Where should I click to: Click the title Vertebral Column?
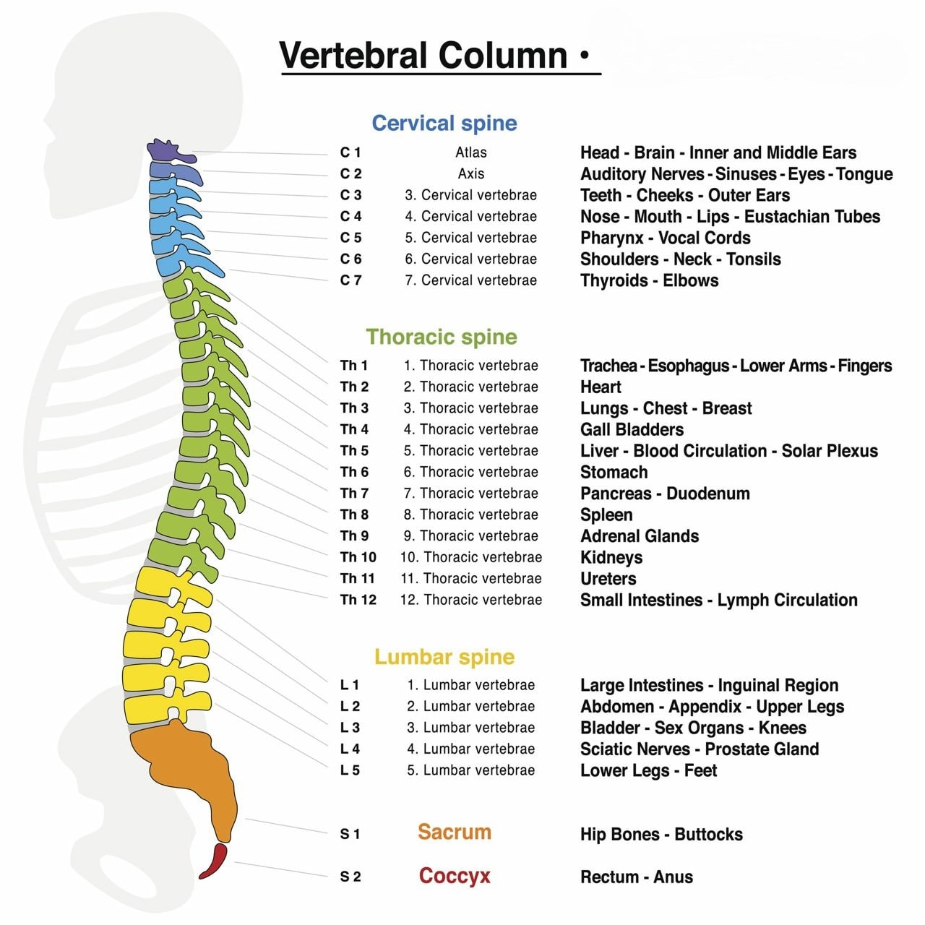(423, 56)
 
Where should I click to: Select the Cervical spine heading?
(444, 123)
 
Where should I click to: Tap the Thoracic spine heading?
(441, 337)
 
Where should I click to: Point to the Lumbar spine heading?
(444, 657)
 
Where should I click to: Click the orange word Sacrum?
(454, 832)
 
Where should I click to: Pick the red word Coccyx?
(454, 876)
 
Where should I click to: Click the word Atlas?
(470, 152)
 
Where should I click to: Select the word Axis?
(470, 173)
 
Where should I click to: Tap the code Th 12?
(358, 600)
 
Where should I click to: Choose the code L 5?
(350, 770)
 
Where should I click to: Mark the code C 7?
(350, 280)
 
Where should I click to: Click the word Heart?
(601, 387)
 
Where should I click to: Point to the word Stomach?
(614, 473)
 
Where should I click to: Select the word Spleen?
(606, 515)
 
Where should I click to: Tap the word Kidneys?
(611, 558)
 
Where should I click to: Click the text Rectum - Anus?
(636, 877)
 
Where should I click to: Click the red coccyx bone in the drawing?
(214, 861)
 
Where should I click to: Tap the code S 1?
(350, 834)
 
